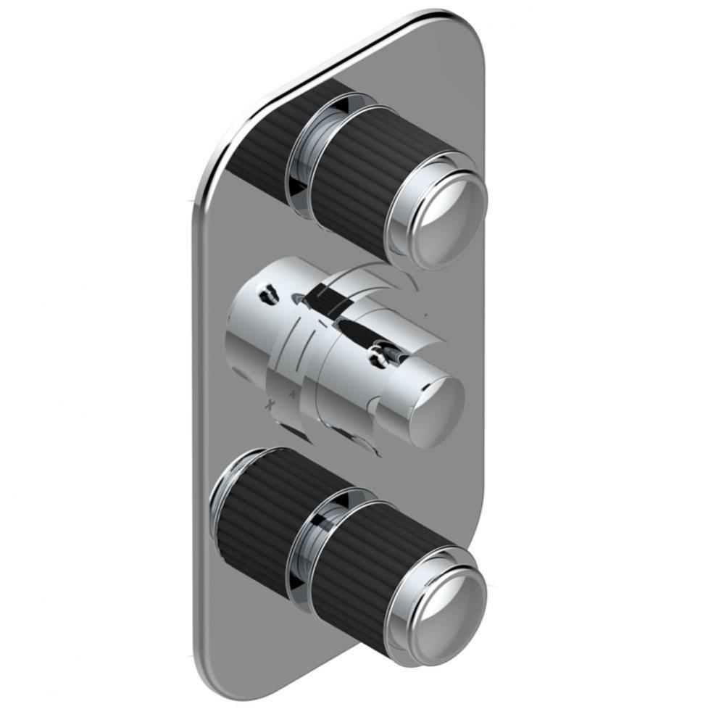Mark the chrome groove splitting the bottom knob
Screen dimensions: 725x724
[x=305, y=547]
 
